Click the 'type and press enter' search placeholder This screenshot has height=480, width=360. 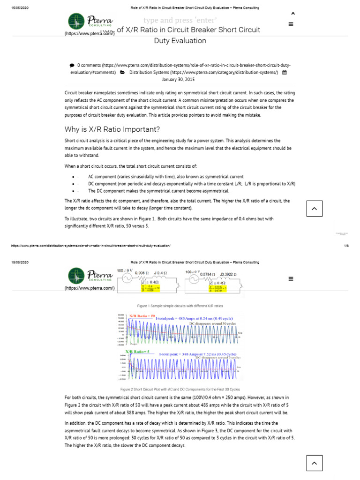click(x=180, y=20)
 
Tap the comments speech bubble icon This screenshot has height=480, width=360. click(x=72, y=65)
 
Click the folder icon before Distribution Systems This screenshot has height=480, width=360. click(x=122, y=73)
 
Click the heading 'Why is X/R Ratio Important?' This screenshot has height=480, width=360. click(x=112, y=129)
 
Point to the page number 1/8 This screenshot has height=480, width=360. click(x=346, y=246)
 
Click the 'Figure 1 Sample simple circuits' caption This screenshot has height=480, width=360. click(x=180, y=306)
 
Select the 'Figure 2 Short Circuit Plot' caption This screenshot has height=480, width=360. click(x=180, y=389)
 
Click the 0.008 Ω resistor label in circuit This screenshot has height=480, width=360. click(x=142, y=273)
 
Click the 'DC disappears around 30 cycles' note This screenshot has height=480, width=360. click(x=212, y=323)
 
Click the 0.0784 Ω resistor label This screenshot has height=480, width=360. click(x=207, y=273)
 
